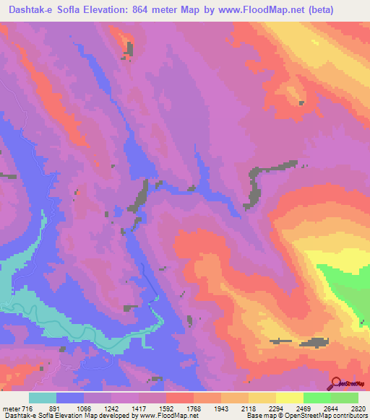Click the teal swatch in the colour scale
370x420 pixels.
pos(43,398)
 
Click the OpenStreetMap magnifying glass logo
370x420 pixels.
pos(335,382)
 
